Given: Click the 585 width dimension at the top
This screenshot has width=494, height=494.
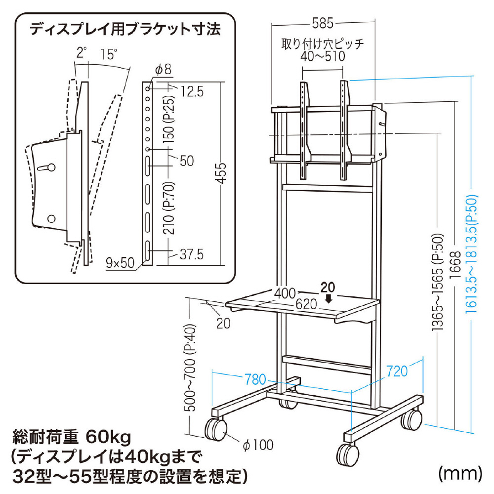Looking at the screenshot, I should pyautogui.click(x=323, y=23).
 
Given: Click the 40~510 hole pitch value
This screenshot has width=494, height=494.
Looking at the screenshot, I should pyautogui.click(x=323, y=57).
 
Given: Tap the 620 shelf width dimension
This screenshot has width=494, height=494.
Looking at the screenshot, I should pyautogui.click(x=306, y=305).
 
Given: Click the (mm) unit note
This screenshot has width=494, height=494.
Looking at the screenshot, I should pyautogui.click(x=459, y=473).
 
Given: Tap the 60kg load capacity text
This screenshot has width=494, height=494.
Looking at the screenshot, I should pyautogui.click(x=108, y=437).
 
